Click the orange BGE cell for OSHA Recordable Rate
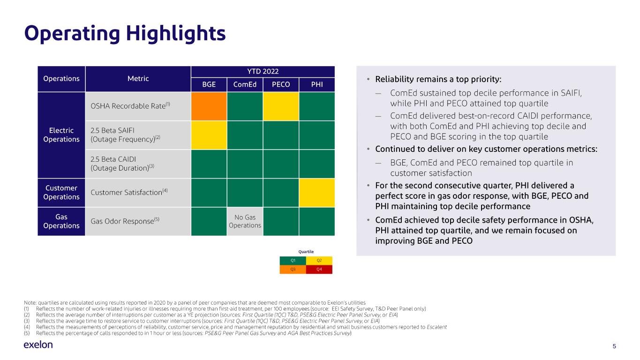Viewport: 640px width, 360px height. tap(209, 106)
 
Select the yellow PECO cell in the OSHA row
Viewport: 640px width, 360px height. tap(281, 106)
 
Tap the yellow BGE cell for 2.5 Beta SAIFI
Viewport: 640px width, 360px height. tap(209, 135)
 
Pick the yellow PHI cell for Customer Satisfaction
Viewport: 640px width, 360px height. tap(317, 193)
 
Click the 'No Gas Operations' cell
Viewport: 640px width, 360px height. tap(245, 221)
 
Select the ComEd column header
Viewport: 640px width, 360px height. tap(245, 84)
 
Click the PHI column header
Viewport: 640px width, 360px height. tap(317, 84)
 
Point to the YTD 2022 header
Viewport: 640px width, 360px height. tap(263, 71)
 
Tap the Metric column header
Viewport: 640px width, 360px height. tap(138, 79)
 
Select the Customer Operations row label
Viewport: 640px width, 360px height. tap(61, 193)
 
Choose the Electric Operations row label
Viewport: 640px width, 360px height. tap(61, 135)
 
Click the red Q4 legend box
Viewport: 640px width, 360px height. tap(319, 270)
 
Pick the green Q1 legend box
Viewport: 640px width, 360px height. tap(293, 261)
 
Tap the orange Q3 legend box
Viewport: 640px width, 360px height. tap(293, 270)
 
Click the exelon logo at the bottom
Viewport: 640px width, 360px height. tap(38, 345)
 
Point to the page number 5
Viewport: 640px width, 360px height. tap(614, 346)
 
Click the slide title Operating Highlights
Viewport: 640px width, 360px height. tap(125, 33)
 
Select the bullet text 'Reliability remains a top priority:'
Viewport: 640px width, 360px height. tap(438, 79)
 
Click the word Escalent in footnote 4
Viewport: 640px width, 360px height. tap(437, 327)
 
